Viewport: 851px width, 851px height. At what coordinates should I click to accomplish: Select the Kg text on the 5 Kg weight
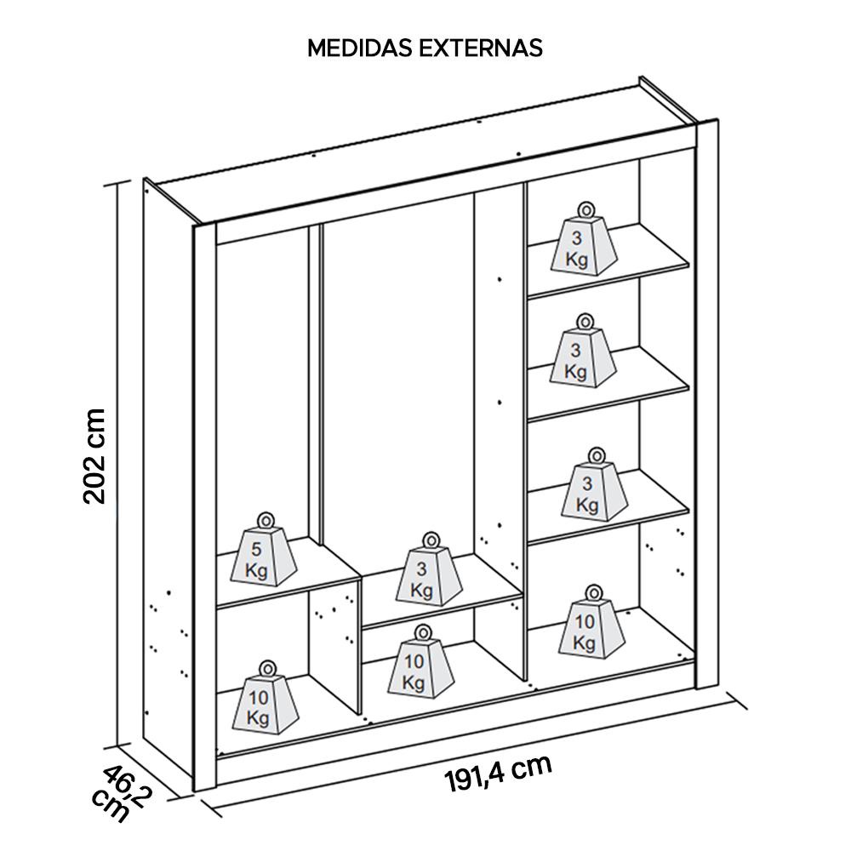point(257,570)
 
